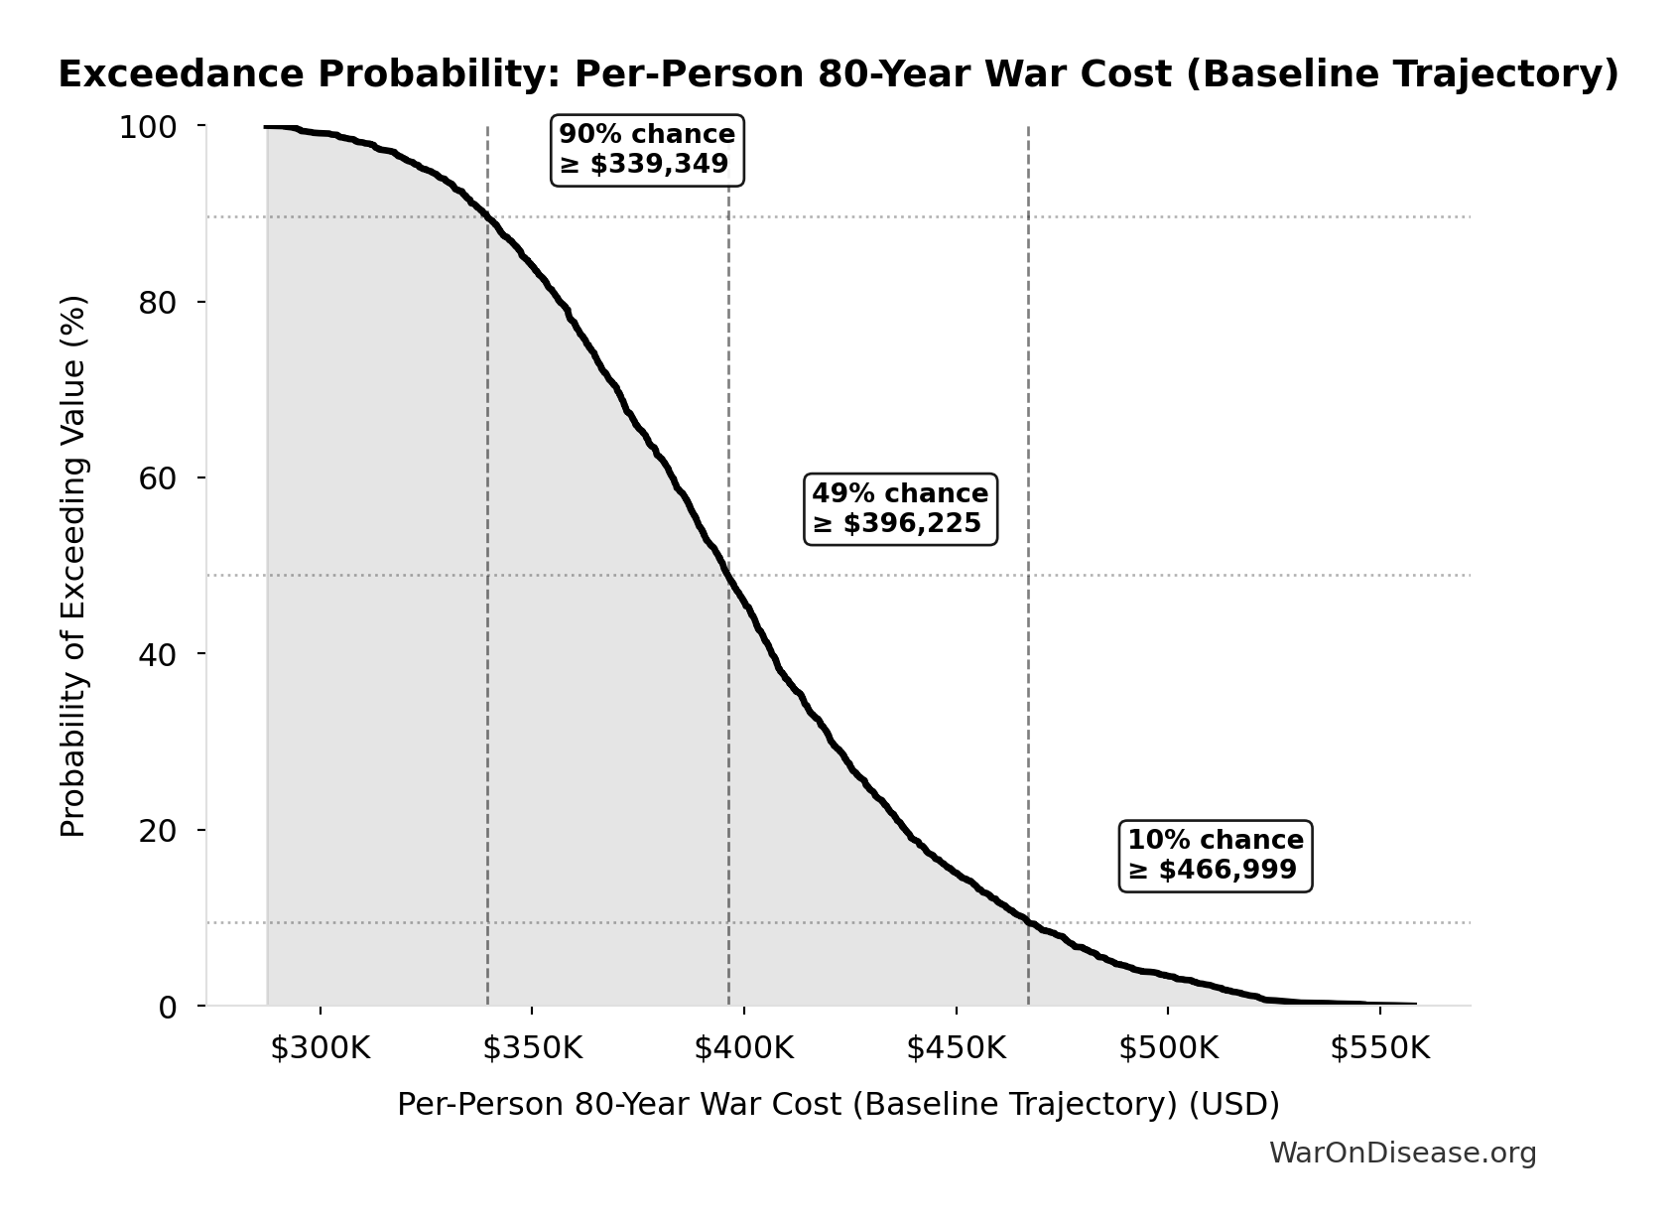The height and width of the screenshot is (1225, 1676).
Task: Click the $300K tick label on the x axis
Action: pos(320,1048)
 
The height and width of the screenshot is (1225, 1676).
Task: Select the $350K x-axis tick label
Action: pos(532,1048)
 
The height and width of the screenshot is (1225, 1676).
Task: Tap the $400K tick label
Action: pos(743,1048)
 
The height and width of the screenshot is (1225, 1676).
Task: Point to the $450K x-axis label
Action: pos(956,1048)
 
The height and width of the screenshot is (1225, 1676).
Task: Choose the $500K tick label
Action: pos(1167,1048)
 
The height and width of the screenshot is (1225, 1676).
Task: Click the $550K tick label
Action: pos(1379,1048)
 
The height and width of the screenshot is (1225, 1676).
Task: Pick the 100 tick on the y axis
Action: pos(148,127)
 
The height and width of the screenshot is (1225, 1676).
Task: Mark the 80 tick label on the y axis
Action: pos(157,303)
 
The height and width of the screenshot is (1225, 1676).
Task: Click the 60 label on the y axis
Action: pos(157,478)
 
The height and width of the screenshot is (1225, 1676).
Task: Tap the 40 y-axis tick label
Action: pos(157,655)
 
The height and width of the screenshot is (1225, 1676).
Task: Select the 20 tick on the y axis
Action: pos(157,831)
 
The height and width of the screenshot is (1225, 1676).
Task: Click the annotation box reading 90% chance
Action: pos(647,150)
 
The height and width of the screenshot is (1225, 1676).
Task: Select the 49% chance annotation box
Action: pos(900,508)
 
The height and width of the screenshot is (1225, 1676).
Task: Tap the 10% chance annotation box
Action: pos(1216,855)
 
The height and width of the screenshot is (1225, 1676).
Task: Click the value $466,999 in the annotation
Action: pos(1226,871)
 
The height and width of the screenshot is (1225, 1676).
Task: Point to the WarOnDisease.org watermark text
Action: pos(1402,1153)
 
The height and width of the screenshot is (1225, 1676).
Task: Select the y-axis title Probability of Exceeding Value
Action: pos(73,566)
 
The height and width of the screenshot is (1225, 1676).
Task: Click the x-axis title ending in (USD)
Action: pos(838,1104)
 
